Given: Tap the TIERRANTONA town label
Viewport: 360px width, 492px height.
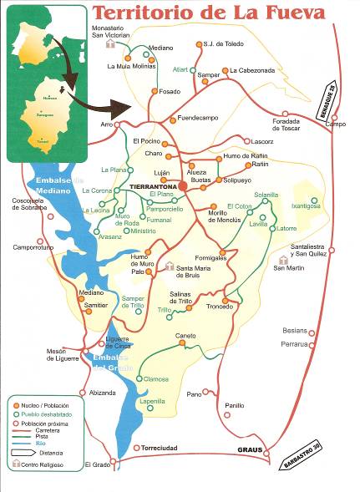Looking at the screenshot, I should pos(153,185).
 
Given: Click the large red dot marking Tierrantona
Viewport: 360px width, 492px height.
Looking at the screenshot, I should pos(182,185).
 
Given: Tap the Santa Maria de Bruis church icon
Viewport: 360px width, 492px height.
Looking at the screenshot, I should pos(170,266).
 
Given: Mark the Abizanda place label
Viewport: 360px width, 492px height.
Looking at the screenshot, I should pos(102,393).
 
